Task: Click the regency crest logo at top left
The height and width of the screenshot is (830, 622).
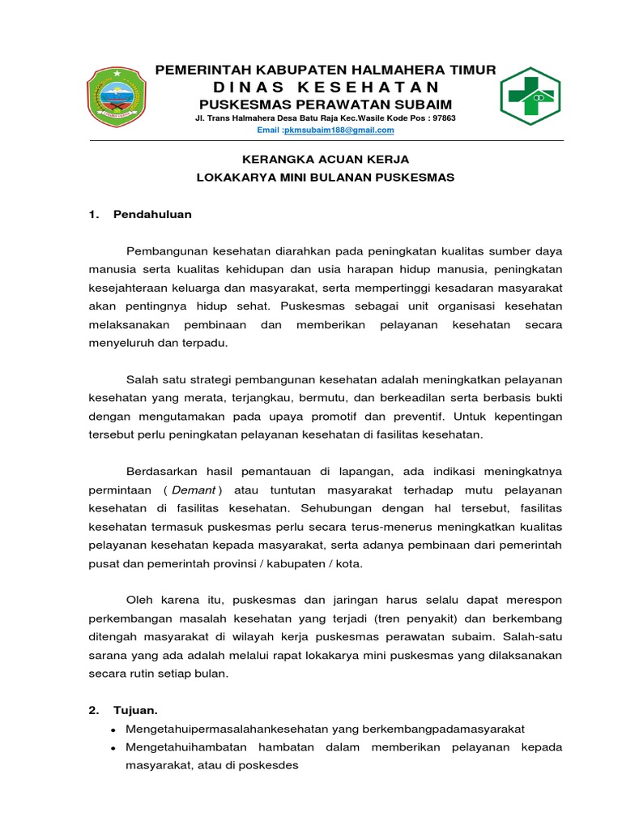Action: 118,96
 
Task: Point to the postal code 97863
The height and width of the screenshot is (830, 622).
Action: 441,118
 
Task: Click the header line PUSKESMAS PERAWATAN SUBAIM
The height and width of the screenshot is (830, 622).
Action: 326,105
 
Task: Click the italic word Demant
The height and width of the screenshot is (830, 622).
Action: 194,490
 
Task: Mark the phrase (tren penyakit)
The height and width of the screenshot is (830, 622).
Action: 385,618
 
